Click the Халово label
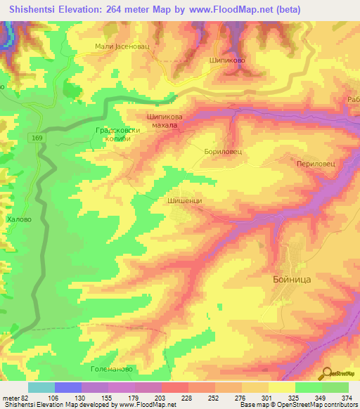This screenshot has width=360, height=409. pyautogui.click(x=18, y=219)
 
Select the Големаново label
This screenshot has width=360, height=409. pyautogui.click(x=112, y=368)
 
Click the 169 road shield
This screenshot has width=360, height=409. pyautogui.click(x=37, y=138)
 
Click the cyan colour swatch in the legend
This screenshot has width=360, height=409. pyautogui.click(x=41, y=387)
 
